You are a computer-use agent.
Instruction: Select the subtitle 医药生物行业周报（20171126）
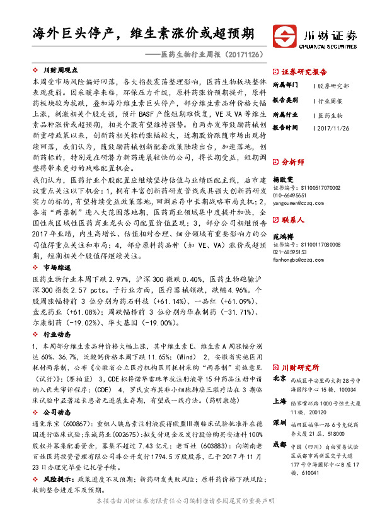coord(211,55)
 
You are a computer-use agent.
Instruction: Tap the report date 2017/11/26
coord(333,128)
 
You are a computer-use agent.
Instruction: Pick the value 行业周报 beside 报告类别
coord(330,100)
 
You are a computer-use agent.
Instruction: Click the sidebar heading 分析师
coord(292,161)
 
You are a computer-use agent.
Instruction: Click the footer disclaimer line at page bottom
coord(187,517)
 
